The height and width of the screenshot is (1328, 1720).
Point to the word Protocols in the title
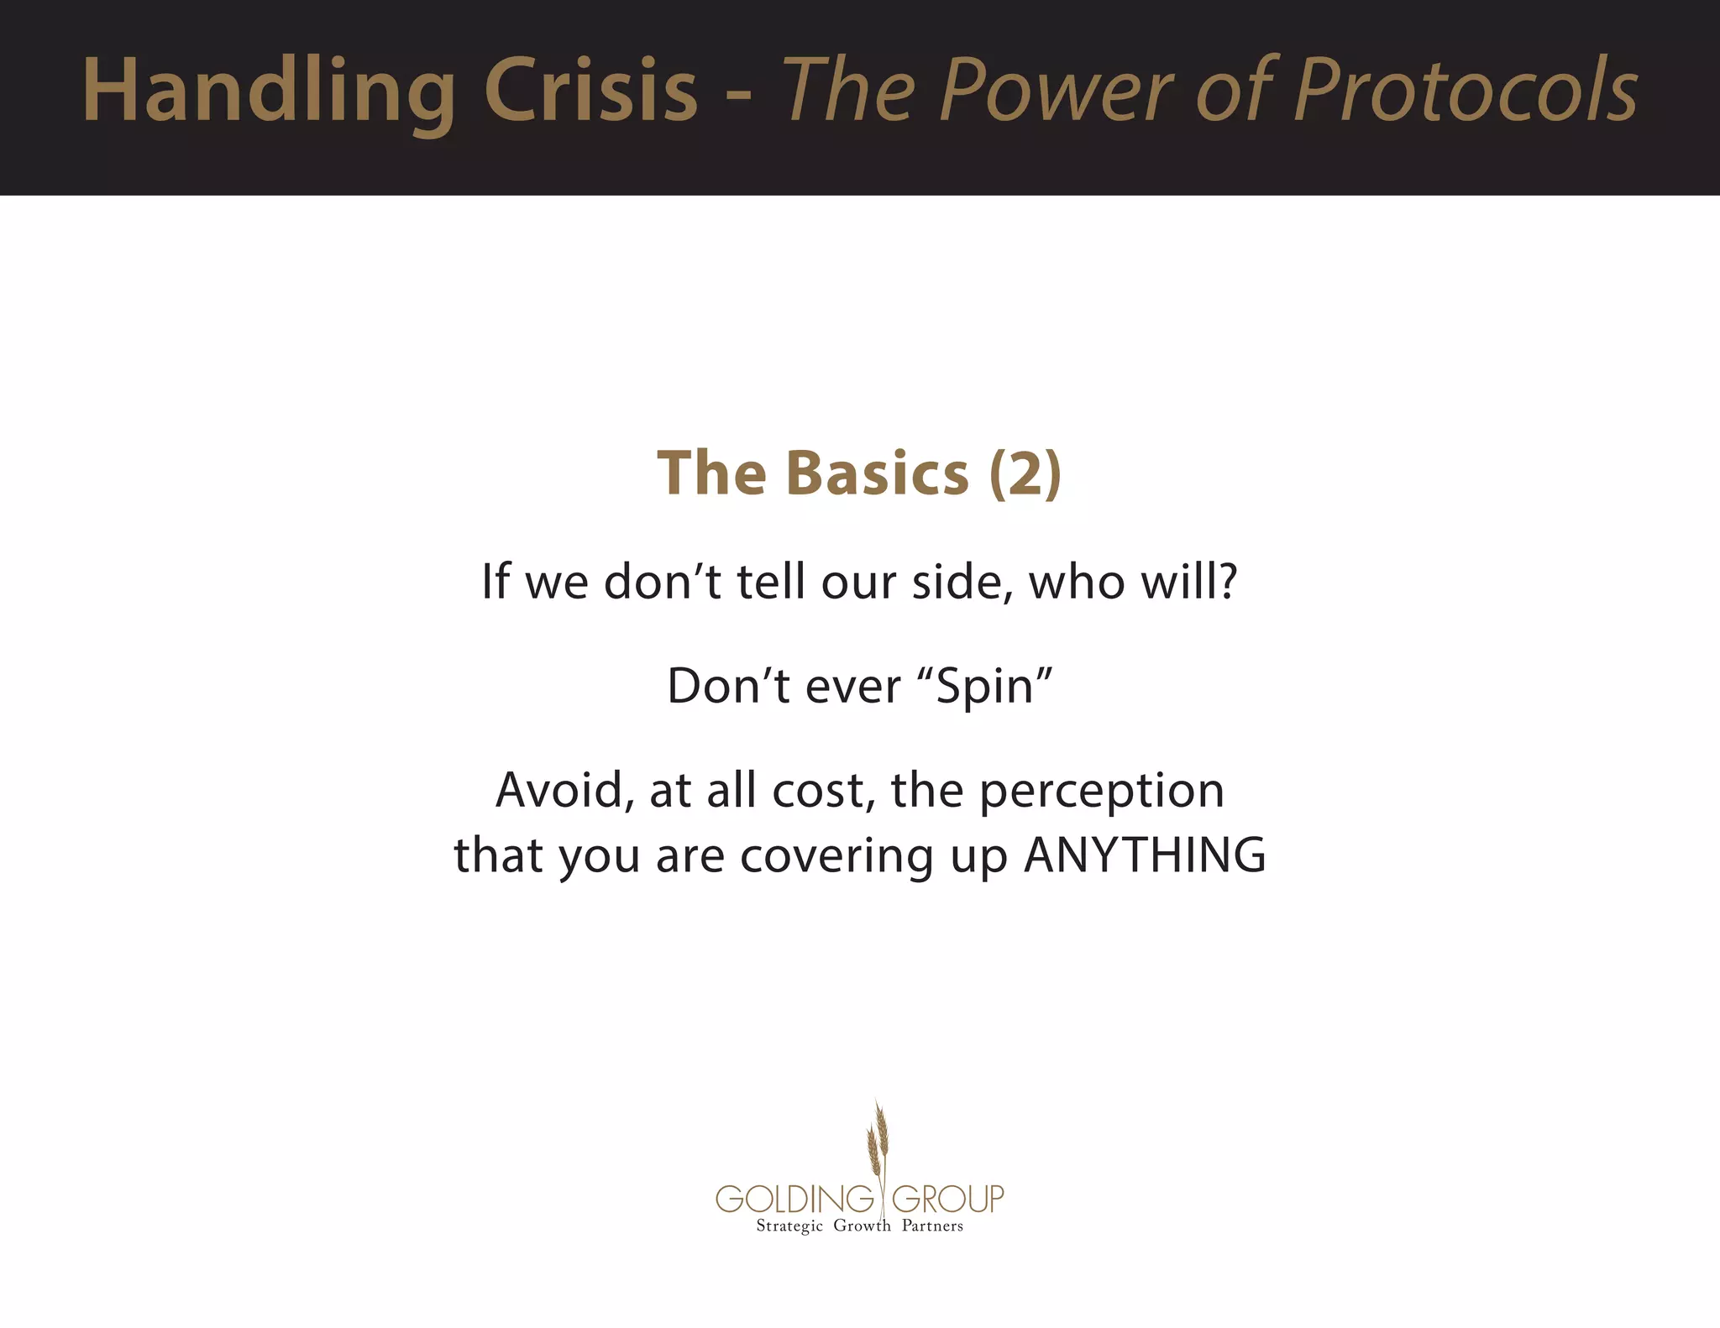tap(1465, 91)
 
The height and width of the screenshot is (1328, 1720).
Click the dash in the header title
tap(738, 94)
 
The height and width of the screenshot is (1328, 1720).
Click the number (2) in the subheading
tap(1025, 473)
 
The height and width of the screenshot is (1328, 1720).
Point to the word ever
tap(852, 687)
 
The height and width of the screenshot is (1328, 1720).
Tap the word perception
tap(1101, 792)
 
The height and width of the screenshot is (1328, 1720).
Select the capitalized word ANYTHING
tap(1145, 855)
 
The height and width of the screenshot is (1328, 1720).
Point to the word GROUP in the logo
tap(947, 1199)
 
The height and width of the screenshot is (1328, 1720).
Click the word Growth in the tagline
tap(862, 1226)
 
